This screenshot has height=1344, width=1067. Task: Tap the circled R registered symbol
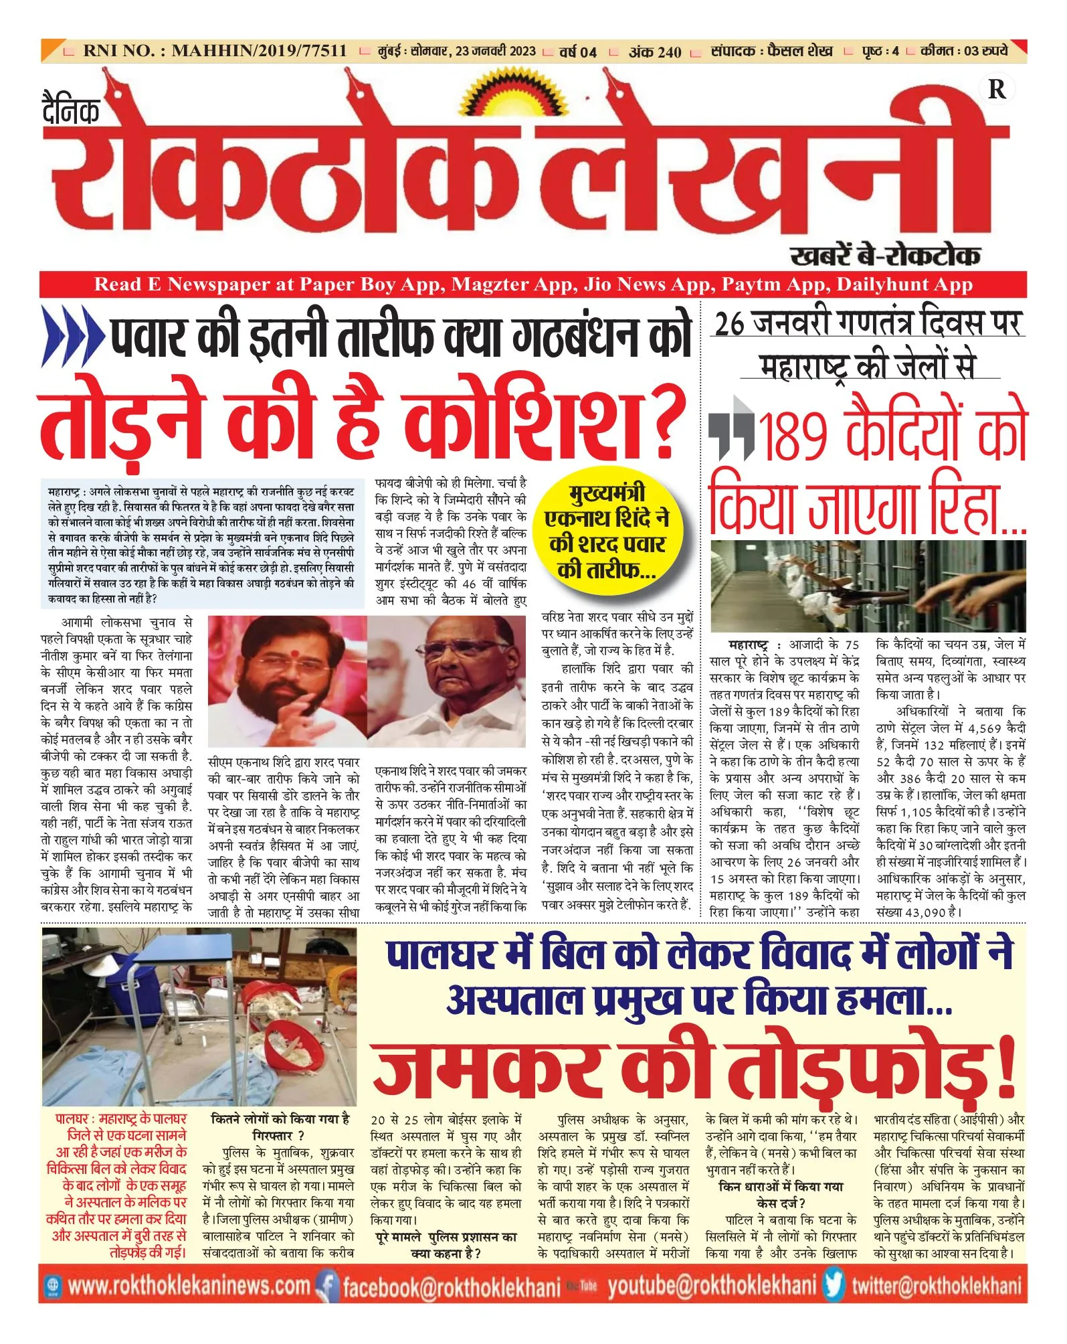click(996, 90)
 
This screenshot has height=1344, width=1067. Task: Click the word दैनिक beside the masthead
click(71, 110)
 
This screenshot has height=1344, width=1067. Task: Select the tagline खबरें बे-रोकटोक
click(885, 255)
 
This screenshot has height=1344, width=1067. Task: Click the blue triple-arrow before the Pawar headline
click(72, 337)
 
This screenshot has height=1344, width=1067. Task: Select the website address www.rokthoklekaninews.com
click(189, 1286)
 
